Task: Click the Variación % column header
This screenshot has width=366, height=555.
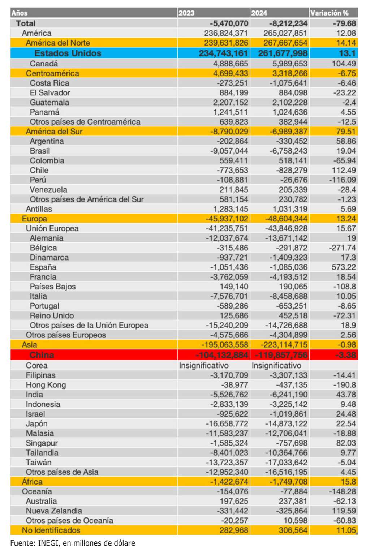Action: [329, 13]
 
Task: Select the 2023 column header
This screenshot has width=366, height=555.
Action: [187, 13]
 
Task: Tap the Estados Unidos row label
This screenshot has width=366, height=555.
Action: [68, 53]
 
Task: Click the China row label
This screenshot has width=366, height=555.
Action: [42, 355]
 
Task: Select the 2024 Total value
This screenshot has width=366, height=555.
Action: [288, 23]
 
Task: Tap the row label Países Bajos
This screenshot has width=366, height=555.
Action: [53, 287]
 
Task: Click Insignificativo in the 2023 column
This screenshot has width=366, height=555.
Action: [204, 366]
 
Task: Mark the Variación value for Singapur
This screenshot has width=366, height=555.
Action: [346, 443]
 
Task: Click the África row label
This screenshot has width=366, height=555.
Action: [32, 482]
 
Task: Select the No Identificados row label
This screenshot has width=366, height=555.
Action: [51, 530]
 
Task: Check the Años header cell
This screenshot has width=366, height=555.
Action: [20, 13]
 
